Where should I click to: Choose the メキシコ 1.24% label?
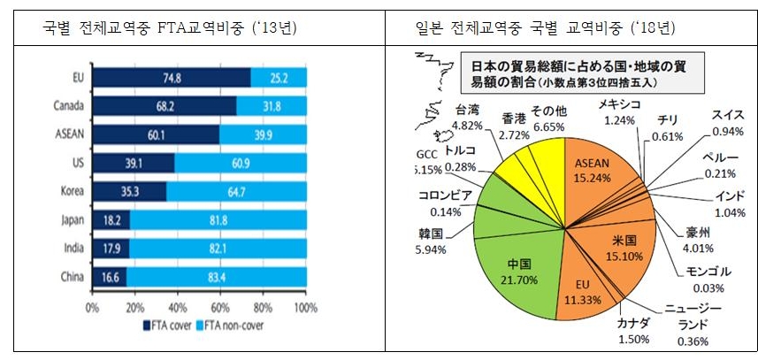point(618,112)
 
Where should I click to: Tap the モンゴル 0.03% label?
point(708,278)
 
